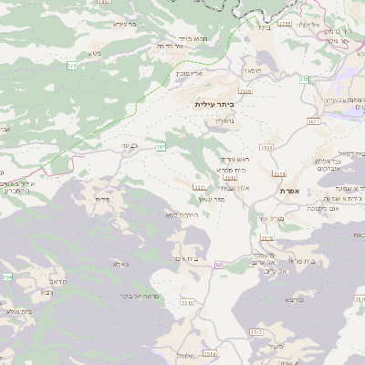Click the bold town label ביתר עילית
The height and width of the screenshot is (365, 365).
[216, 105]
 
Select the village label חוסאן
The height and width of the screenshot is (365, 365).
[253, 70]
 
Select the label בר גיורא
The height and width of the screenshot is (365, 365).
[124, 26]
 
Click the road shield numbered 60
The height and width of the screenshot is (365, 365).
[219, 265]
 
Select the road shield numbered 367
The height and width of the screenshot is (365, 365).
[161, 145]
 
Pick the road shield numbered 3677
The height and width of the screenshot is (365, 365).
[313, 120]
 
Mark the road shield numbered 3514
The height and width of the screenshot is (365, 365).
[279, 173]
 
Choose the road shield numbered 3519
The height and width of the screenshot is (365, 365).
[267, 237]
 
